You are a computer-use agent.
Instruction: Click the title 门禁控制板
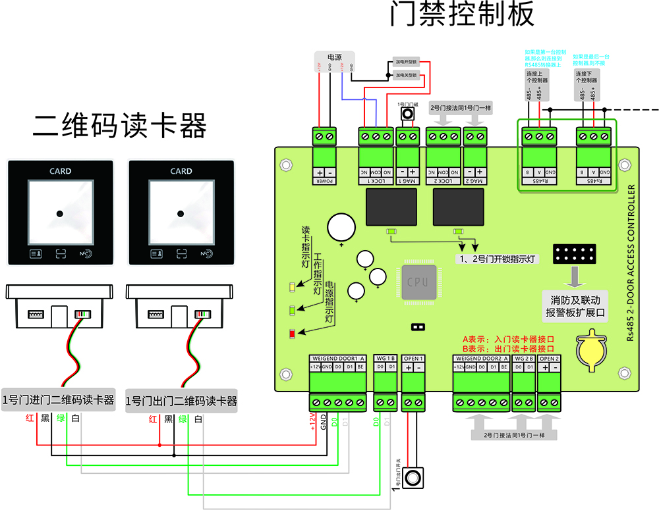(x=462, y=15)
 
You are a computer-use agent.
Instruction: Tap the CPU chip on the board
(x=417, y=282)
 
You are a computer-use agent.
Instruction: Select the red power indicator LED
(x=292, y=334)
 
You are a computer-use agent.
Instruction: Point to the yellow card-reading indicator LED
(x=292, y=287)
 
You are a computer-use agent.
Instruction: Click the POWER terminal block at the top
(x=325, y=137)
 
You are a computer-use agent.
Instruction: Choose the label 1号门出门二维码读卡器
(x=181, y=401)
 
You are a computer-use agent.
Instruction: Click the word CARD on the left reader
(x=60, y=171)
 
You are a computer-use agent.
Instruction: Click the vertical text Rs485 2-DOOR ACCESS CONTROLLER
(x=631, y=263)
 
